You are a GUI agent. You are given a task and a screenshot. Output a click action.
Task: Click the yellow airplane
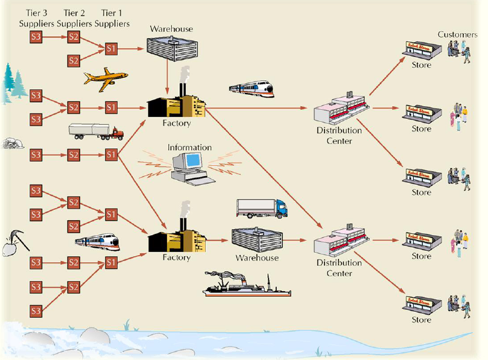tap(105, 77)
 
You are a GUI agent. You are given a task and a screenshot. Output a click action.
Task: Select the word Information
tap(189, 147)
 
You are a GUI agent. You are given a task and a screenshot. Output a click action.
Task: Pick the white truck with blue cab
tap(261, 207)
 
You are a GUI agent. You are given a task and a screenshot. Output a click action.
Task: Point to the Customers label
tap(457, 34)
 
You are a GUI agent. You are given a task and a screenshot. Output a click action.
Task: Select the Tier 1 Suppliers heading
tap(111, 18)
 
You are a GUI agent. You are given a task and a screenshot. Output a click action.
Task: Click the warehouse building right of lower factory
tap(256, 239)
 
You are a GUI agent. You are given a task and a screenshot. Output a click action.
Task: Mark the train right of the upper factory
tap(251, 90)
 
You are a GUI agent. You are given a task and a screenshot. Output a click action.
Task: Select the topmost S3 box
tap(36, 37)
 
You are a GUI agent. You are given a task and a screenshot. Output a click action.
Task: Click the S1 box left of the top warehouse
tap(111, 48)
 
